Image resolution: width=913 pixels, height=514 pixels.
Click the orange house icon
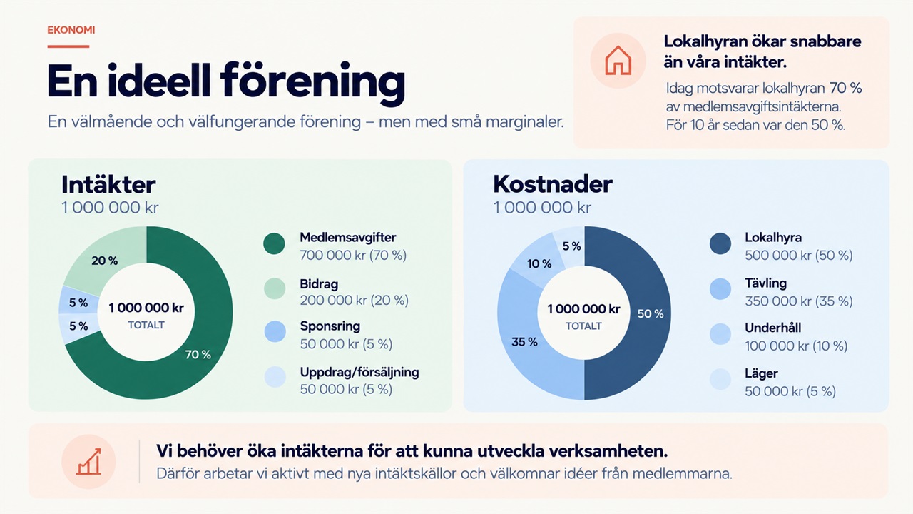(x=618, y=61)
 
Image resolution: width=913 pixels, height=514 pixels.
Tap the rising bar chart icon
(x=88, y=462)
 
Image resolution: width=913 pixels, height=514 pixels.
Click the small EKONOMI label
(x=71, y=30)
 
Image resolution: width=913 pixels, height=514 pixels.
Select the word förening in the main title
(x=312, y=81)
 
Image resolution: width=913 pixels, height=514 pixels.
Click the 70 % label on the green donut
(x=198, y=355)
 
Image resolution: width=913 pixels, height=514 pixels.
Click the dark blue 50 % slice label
(x=651, y=313)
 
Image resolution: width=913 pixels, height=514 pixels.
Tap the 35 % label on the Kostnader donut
(x=524, y=341)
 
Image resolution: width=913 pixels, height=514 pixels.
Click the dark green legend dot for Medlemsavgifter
(x=274, y=243)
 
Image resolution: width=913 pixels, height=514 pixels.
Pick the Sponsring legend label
(x=330, y=326)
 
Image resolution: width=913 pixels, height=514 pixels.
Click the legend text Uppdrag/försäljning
(x=359, y=372)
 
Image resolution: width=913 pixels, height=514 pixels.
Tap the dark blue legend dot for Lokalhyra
(x=720, y=243)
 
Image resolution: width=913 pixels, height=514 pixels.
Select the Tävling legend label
(x=766, y=283)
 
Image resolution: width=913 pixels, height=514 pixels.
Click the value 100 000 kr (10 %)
(x=796, y=346)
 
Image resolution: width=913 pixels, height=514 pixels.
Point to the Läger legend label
(x=761, y=373)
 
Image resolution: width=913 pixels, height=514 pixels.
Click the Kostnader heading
(x=553, y=184)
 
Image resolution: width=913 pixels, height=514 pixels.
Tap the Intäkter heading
(x=108, y=185)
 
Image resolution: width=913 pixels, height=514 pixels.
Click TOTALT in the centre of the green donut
(x=146, y=325)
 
